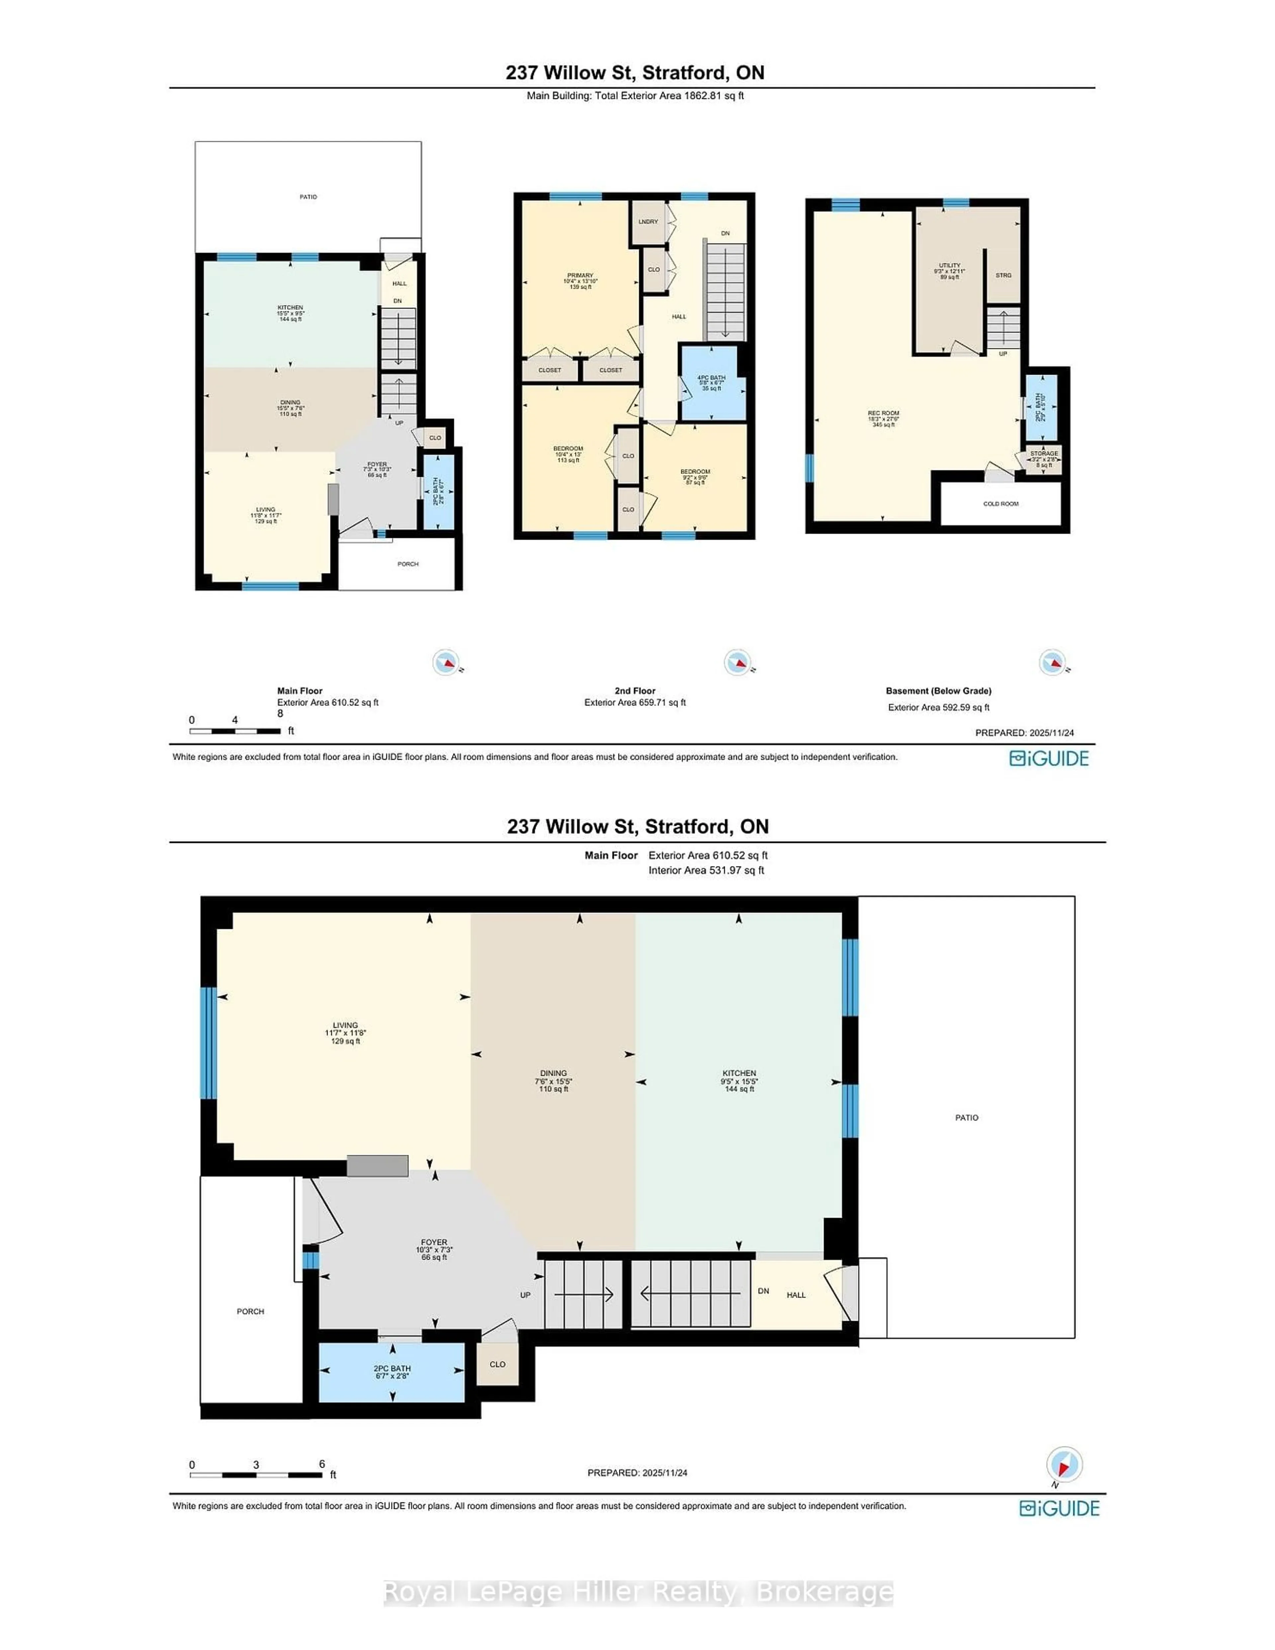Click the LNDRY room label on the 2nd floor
pos(648,221)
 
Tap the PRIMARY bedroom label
pos(580,276)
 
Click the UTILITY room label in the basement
pos(949,266)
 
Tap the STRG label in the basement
pos(1003,275)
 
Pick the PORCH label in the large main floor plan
pos(250,1312)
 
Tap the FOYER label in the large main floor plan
pos(434,1242)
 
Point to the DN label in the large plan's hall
pos(763,1291)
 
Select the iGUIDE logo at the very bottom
pos(1059,1509)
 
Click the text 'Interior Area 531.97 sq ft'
pos(706,870)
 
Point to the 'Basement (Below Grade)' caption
pos(938,691)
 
